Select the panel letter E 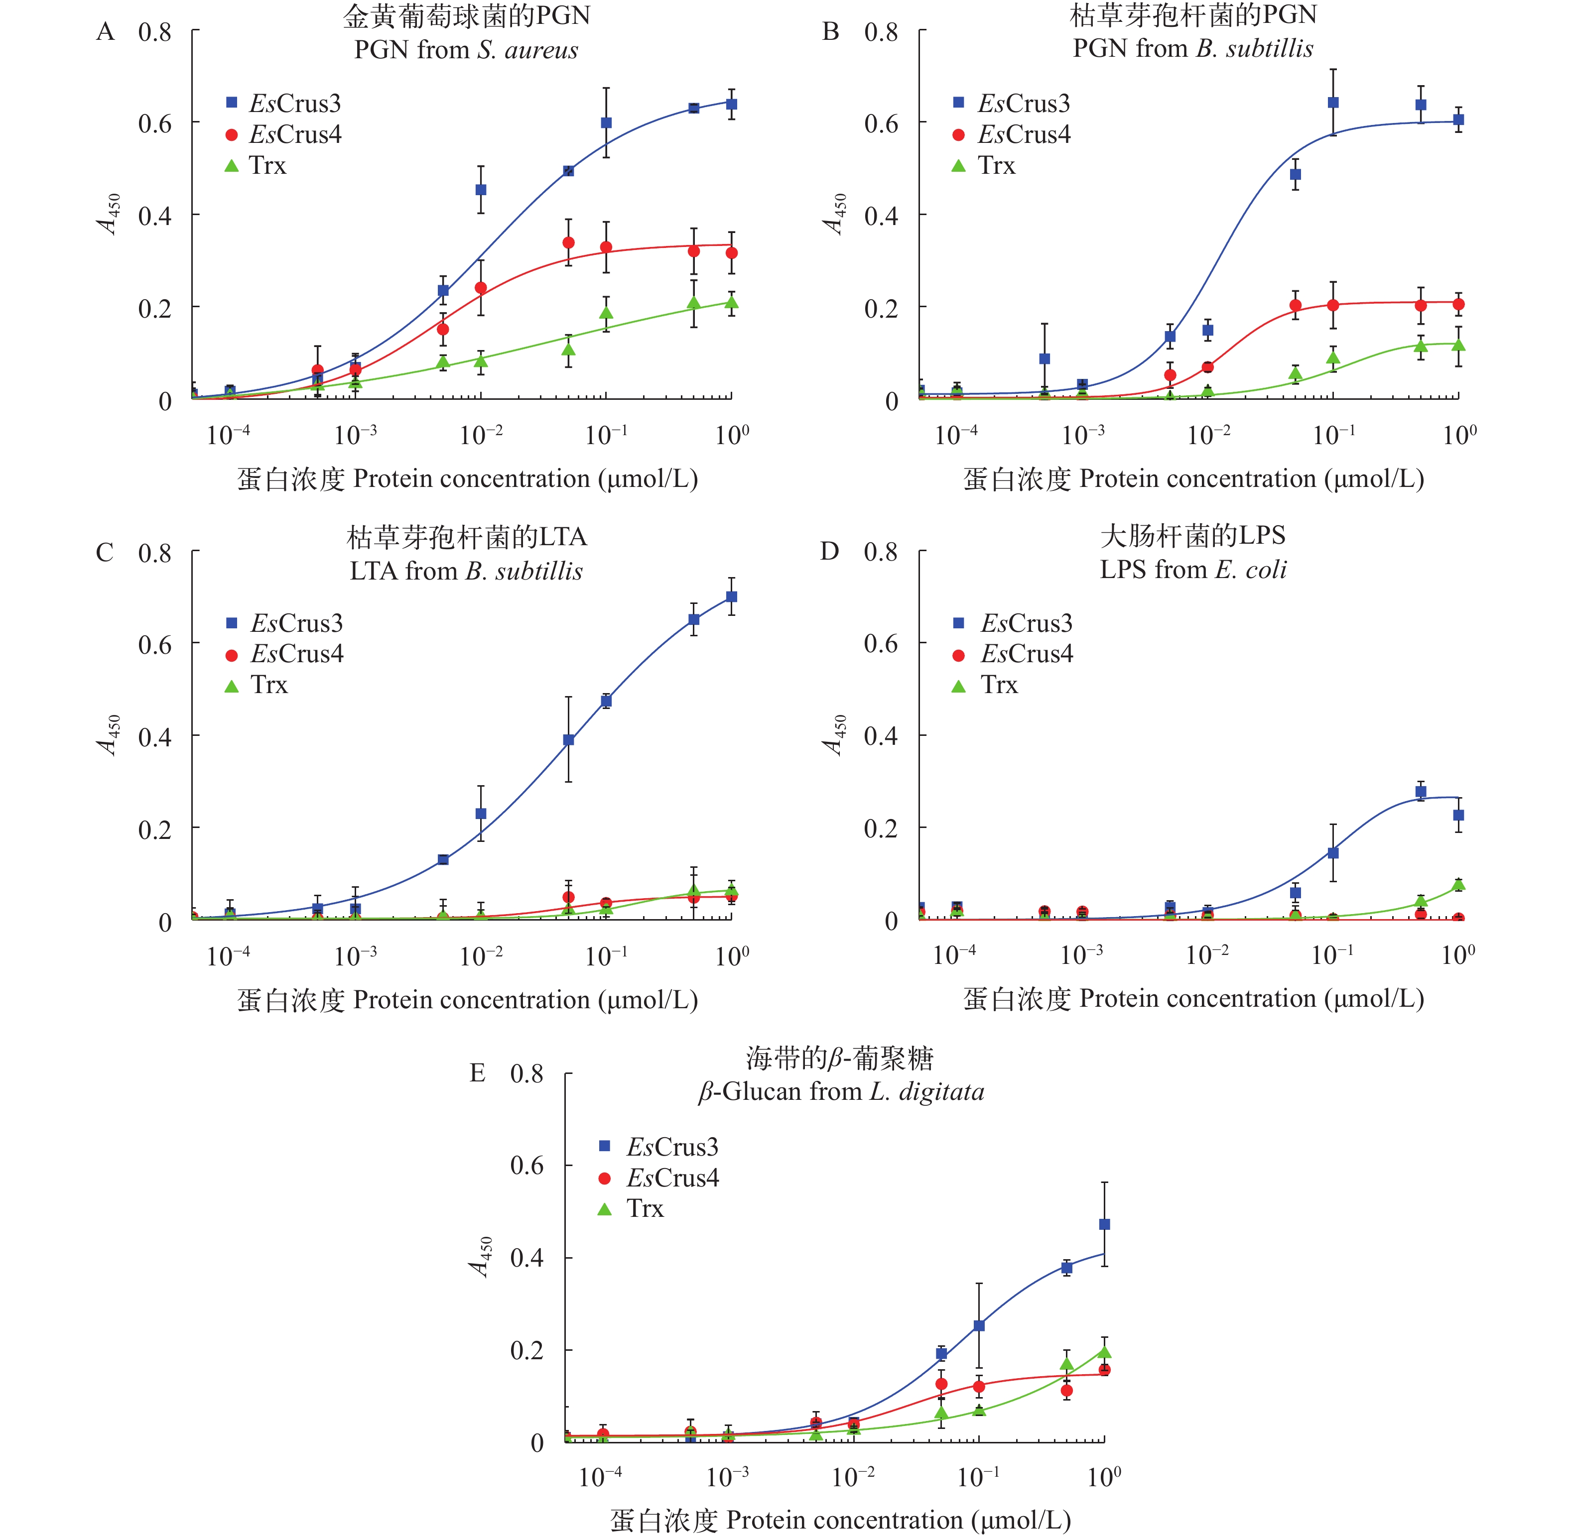[477, 1073]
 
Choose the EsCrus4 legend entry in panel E [660, 1178]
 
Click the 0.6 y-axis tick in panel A [154, 123]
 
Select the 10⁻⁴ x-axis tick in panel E [601, 1476]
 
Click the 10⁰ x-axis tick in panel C [732, 956]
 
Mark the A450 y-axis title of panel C [110, 734]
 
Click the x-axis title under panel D [1193, 999]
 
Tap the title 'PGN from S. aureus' [466, 50]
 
